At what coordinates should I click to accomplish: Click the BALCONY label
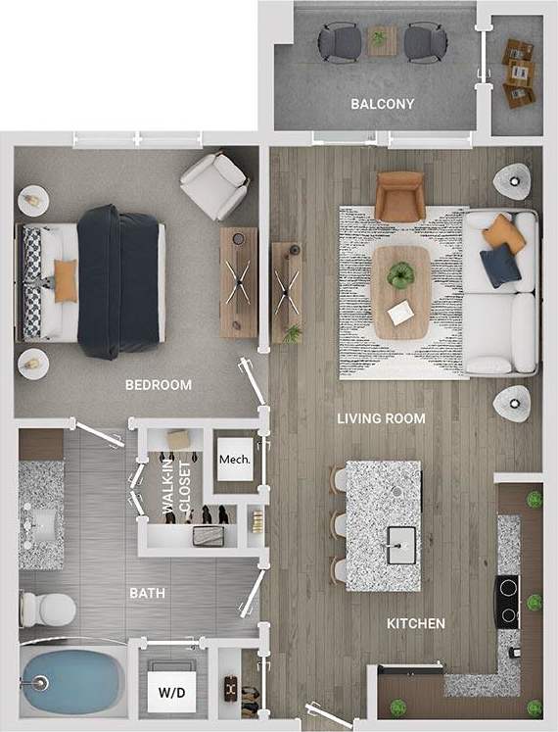pos(382,104)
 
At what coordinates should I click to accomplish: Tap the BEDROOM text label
pos(159,385)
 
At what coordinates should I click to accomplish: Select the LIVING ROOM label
pos(381,418)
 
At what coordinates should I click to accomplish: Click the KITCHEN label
pos(416,623)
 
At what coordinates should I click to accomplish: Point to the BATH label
pos(147,593)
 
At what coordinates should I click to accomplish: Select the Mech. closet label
pos(233,459)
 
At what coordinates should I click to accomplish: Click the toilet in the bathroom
pos(45,608)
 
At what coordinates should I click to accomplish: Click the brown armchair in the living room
pos(399,196)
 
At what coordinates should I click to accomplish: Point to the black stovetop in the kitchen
pos(509,600)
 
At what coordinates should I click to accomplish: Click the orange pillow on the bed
pos(65,280)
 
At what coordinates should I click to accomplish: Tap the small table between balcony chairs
pos(378,40)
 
